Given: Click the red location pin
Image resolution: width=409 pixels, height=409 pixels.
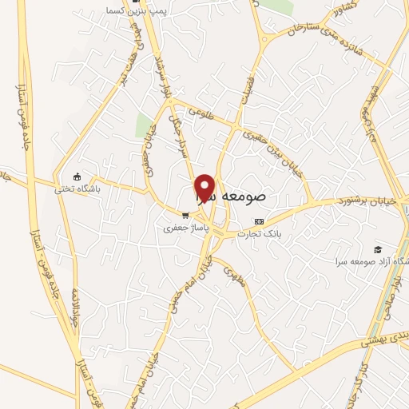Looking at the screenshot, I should click(205, 187).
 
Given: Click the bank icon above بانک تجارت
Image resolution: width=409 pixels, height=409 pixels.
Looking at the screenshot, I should click(258, 221).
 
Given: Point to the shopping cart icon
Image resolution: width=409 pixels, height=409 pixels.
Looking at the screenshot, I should click(185, 214).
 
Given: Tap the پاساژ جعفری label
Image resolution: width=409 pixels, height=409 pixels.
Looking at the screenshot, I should click(179, 228).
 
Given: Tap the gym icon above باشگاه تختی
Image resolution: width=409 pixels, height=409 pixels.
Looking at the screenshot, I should click(77, 177).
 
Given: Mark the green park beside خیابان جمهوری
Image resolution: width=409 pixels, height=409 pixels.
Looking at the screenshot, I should click(145, 125).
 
